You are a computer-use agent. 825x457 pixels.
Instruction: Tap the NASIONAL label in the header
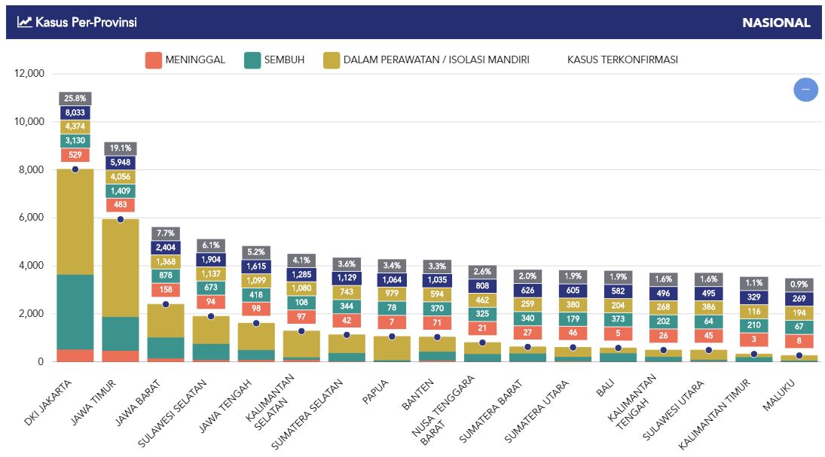(776, 23)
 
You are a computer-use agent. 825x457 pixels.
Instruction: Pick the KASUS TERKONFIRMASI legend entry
(622, 60)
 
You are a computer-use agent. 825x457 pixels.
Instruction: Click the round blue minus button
(805, 90)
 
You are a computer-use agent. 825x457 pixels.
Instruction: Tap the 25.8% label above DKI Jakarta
(75, 98)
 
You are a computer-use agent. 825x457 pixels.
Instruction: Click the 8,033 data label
(75, 112)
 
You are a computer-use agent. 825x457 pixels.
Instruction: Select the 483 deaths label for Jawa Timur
(121, 205)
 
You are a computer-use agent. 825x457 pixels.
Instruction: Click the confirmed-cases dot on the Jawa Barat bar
(166, 304)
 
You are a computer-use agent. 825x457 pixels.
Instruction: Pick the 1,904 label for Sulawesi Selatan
(211, 260)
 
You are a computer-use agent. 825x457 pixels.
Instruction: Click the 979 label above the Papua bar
(392, 294)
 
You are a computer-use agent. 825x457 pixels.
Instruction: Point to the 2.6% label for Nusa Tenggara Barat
(482, 272)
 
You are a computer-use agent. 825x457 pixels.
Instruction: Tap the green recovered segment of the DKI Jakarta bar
(75, 312)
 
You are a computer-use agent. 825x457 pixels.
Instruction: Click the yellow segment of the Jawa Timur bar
(121, 267)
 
